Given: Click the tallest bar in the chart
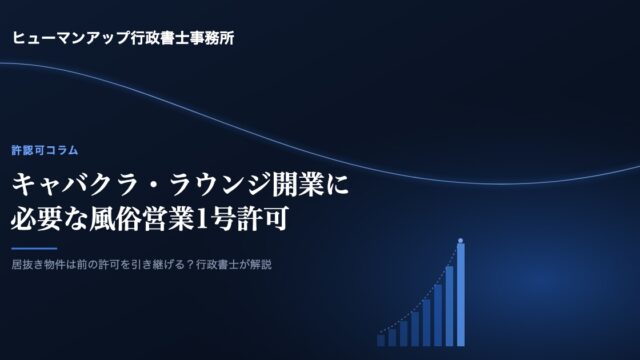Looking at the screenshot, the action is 460,295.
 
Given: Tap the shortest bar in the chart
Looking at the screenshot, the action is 381,340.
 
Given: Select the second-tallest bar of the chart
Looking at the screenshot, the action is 449,306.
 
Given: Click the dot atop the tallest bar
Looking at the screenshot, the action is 460,241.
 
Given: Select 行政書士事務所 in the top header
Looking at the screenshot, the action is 183,38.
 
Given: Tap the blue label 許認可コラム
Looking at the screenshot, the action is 44,150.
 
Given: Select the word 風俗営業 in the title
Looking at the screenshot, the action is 141,219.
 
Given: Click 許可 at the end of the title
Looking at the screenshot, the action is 263,219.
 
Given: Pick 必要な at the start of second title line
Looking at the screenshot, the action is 49,219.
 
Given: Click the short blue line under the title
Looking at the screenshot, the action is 34,248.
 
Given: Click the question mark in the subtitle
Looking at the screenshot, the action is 191,264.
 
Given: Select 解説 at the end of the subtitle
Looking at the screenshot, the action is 261,264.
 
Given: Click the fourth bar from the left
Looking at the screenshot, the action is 415,329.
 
